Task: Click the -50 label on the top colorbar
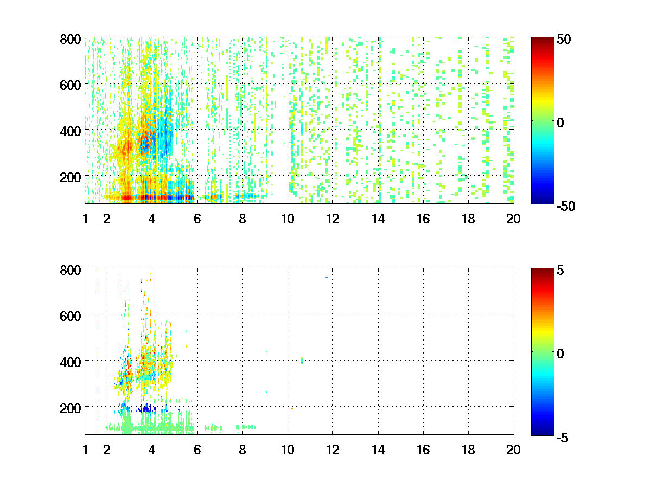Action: [x=566, y=206]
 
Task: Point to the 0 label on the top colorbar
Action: [x=561, y=123]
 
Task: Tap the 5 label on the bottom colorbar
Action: [x=561, y=270]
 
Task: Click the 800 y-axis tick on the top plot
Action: [x=71, y=40]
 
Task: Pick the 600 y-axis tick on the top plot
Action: [x=71, y=85]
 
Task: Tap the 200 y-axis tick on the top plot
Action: [x=71, y=177]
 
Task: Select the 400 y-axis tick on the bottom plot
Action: [x=71, y=361]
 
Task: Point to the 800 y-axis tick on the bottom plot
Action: [x=71, y=270]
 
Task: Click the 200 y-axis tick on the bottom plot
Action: [x=71, y=407]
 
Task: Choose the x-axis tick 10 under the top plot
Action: [x=288, y=220]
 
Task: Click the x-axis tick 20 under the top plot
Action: [x=513, y=220]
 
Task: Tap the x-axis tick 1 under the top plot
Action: [x=85, y=220]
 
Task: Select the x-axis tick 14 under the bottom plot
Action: [x=378, y=450]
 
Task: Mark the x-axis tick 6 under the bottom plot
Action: [x=197, y=450]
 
